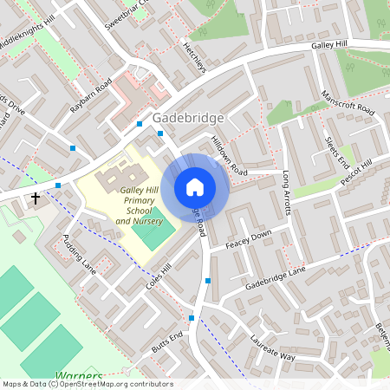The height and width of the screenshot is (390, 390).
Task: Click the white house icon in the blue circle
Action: tap(195, 186)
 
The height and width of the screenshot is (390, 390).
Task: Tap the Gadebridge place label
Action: tap(188, 118)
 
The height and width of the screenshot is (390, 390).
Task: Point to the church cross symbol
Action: tap(36, 198)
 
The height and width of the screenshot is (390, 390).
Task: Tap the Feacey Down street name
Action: tap(249, 240)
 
